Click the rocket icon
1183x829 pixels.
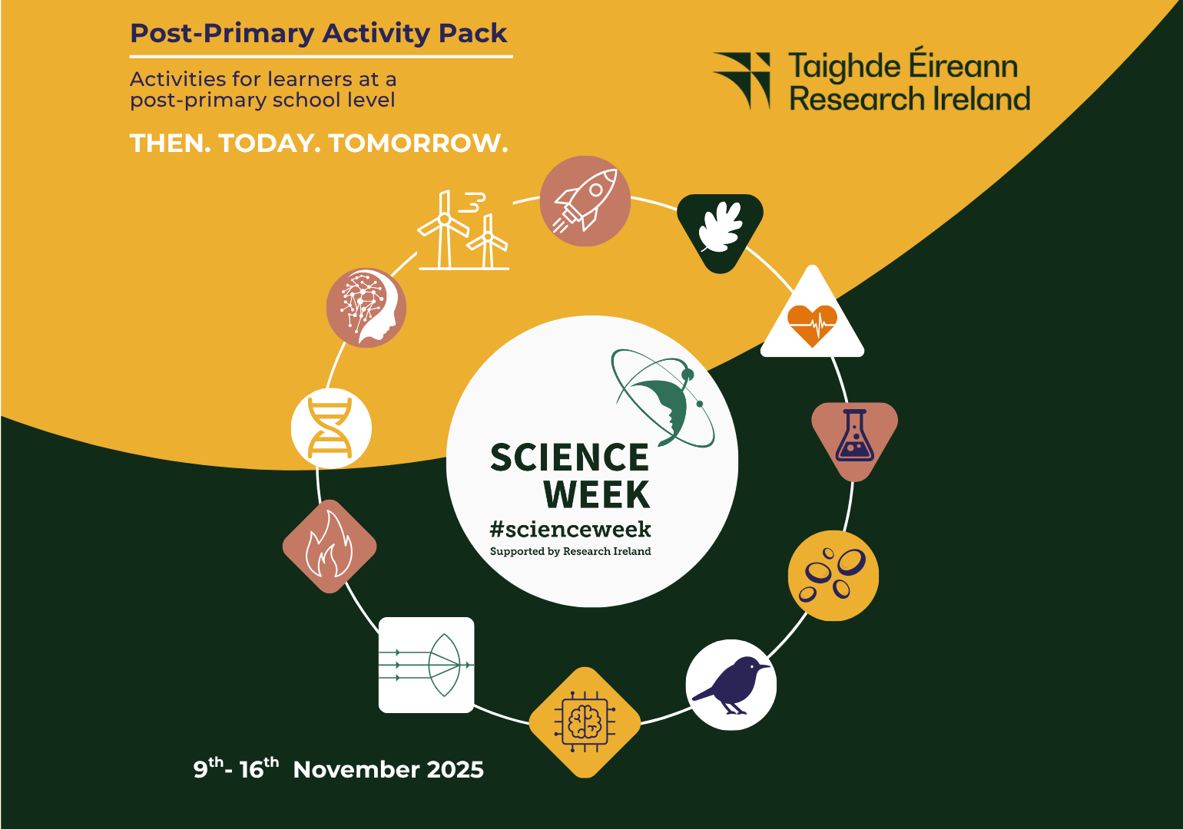point(585,201)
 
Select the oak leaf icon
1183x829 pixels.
point(720,228)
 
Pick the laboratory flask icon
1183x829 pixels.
point(854,436)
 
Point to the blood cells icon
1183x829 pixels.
point(833,575)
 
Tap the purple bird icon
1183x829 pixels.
point(731,684)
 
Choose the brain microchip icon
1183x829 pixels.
point(585,722)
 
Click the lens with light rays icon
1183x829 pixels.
point(426,665)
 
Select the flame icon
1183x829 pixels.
point(330,547)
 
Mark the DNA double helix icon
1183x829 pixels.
point(331,428)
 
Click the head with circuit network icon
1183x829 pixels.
point(366,307)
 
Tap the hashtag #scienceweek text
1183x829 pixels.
point(570,529)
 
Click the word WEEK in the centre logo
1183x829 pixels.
point(597,494)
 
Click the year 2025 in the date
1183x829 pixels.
point(455,770)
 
